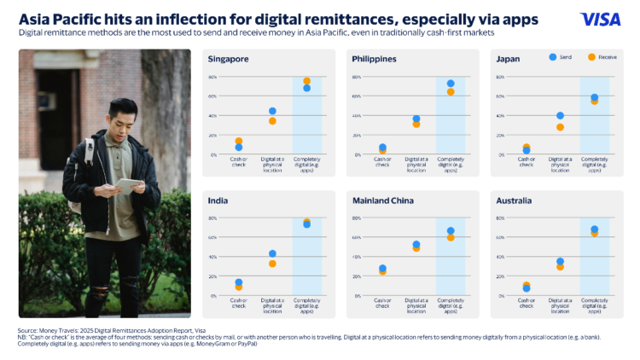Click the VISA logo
tap(600, 19)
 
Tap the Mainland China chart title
tap(382, 201)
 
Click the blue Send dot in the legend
tap(553, 57)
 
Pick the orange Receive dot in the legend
tap(591, 57)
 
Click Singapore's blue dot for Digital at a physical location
tap(272, 111)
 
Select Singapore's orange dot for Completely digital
tap(306, 81)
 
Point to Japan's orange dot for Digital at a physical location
tap(560, 127)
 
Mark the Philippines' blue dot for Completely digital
tap(451, 84)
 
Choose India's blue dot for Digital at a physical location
tap(272, 253)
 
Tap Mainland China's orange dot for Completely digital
tap(451, 237)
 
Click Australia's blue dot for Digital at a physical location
tap(560, 261)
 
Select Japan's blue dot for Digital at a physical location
tap(560, 115)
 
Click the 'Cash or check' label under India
tap(239, 303)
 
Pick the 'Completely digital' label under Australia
tap(594, 303)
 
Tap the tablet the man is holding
tap(128, 184)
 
